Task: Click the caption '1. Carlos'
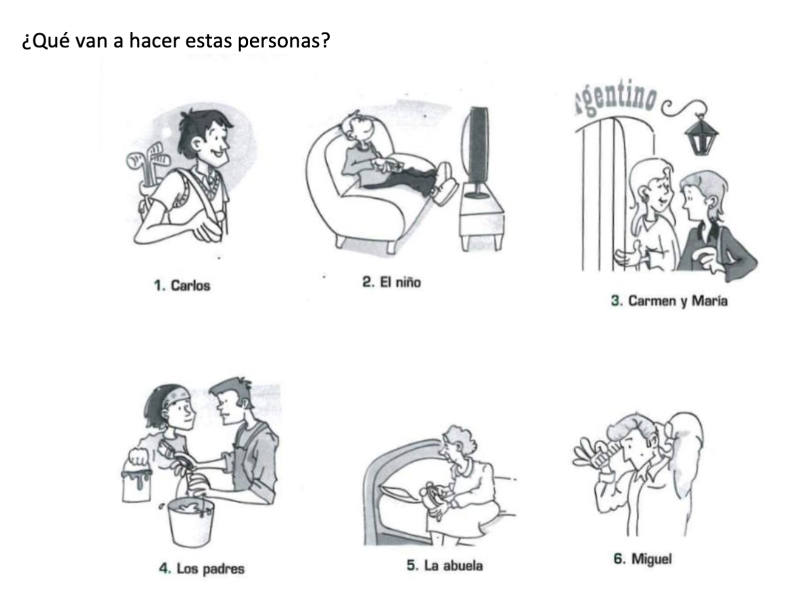pos(182,286)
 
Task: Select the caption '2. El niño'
pos(391,282)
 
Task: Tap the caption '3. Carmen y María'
pos(669,301)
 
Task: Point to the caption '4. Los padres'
pos(202,568)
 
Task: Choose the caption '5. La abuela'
pos(445,566)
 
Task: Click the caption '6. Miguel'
pos(643,559)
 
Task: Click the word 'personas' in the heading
pos(283,41)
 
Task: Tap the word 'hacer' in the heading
pos(154,40)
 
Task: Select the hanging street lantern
pos(701,135)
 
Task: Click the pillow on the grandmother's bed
pos(400,493)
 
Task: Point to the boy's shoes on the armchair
pos(446,183)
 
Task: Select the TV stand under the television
pos(482,218)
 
